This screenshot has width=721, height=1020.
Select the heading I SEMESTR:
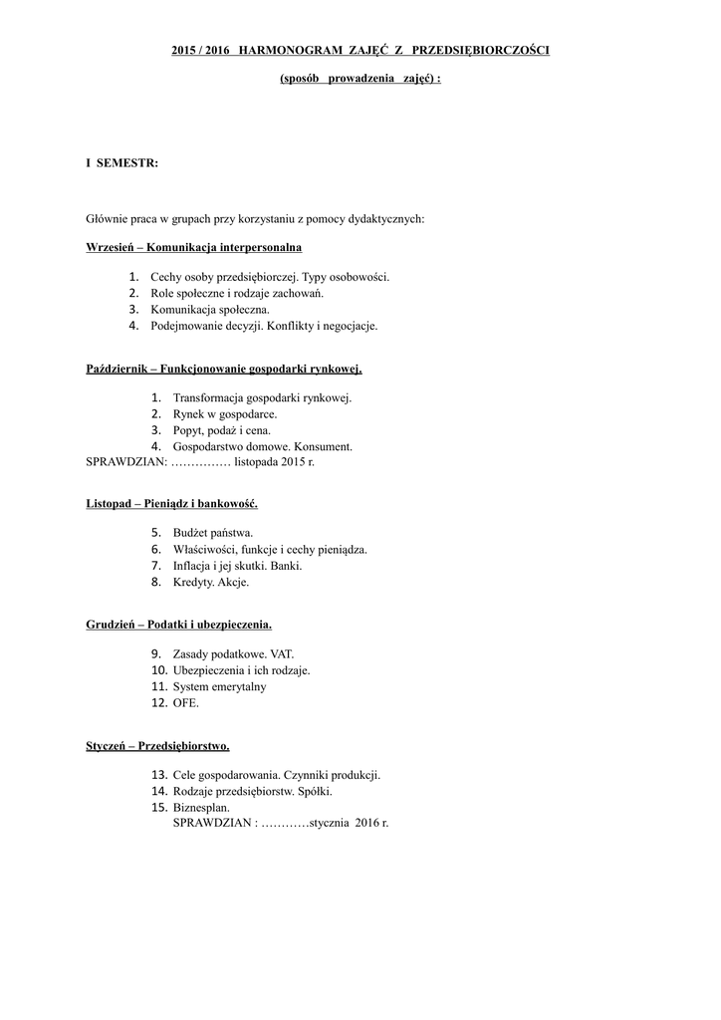122,162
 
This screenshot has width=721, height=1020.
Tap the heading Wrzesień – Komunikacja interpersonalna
194,246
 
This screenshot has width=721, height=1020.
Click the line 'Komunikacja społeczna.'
210,309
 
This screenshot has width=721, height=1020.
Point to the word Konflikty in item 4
278,325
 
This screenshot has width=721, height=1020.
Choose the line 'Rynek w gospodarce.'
225,413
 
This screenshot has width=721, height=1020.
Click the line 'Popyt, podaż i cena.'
221,430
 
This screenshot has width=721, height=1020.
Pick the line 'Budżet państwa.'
213,533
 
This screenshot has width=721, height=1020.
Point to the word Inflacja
193,565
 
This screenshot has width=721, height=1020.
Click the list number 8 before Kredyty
156,582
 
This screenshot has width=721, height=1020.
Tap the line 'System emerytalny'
219,686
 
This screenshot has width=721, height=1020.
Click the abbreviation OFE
186,702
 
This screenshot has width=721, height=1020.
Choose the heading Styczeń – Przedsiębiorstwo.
157,744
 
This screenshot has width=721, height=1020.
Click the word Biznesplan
201,807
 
